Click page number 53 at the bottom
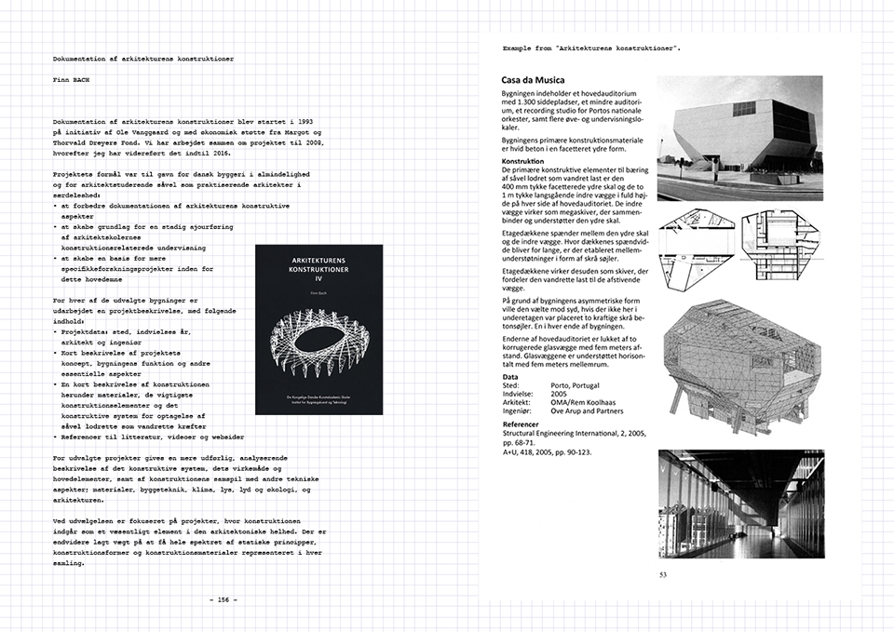(x=662, y=574)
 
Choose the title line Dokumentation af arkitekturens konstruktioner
(x=143, y=58)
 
